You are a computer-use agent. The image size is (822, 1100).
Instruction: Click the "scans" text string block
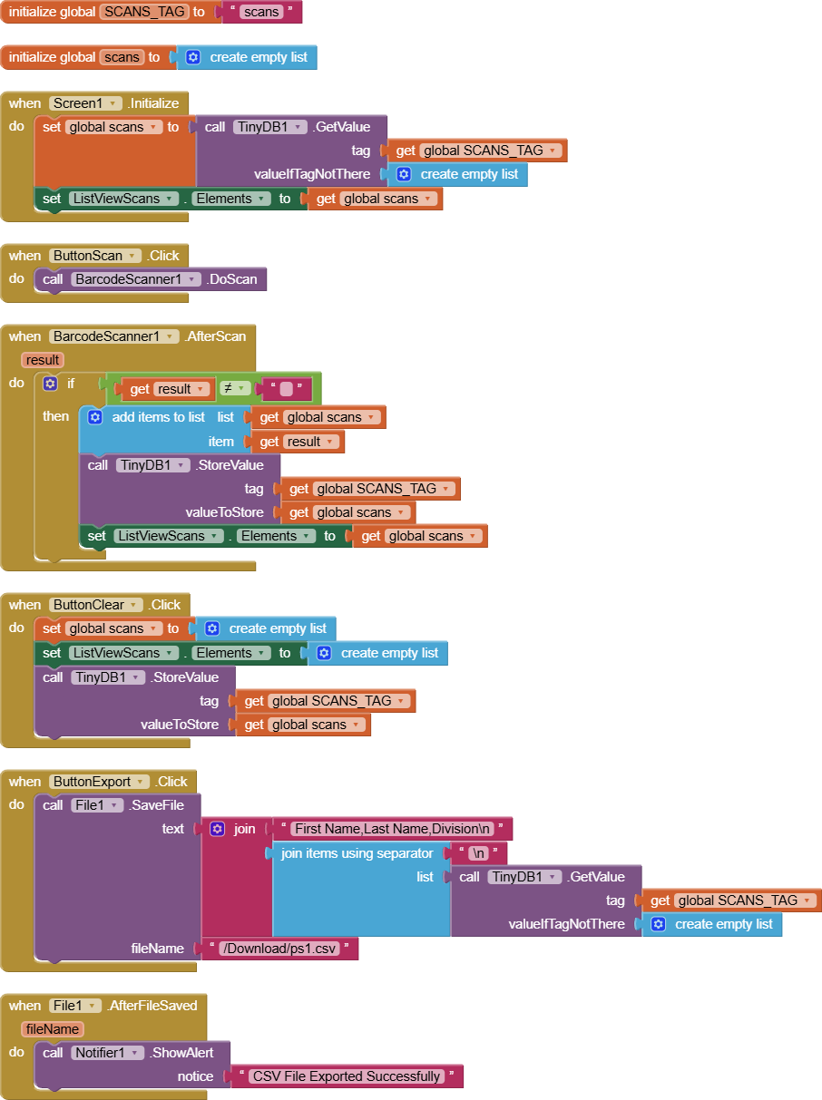[x=260, y=12]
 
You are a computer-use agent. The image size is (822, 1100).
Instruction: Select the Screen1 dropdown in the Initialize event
[x=85, y=103]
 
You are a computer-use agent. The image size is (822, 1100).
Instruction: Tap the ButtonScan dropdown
[x=95, y=256]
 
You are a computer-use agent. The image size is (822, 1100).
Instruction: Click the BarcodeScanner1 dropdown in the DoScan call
[x=135, y=279]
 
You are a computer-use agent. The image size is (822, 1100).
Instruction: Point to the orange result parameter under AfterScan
[x=43, y=360]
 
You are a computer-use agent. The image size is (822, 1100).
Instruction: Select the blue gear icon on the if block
[x=51, y=384]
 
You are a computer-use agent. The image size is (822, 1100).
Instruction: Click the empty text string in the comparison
[x=286, y=389]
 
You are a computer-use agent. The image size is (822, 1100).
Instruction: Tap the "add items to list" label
[x=159, y=417]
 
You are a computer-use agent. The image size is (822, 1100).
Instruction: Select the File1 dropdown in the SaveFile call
[x=97, y=805]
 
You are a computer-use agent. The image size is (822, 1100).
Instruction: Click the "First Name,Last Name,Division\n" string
[x=393, y=829]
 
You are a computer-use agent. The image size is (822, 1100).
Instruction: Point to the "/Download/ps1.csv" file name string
[x=279, y=949]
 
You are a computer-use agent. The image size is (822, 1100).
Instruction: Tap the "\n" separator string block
[x=478, y=853]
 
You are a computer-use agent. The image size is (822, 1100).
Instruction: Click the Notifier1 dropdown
[x=108, y=1053]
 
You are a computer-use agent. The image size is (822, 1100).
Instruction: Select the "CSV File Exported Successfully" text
[x=347, y=1076]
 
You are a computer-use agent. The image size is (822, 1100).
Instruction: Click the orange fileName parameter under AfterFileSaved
[x=53, y=1029]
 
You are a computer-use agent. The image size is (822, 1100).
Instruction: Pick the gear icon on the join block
[x=217, y=829]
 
